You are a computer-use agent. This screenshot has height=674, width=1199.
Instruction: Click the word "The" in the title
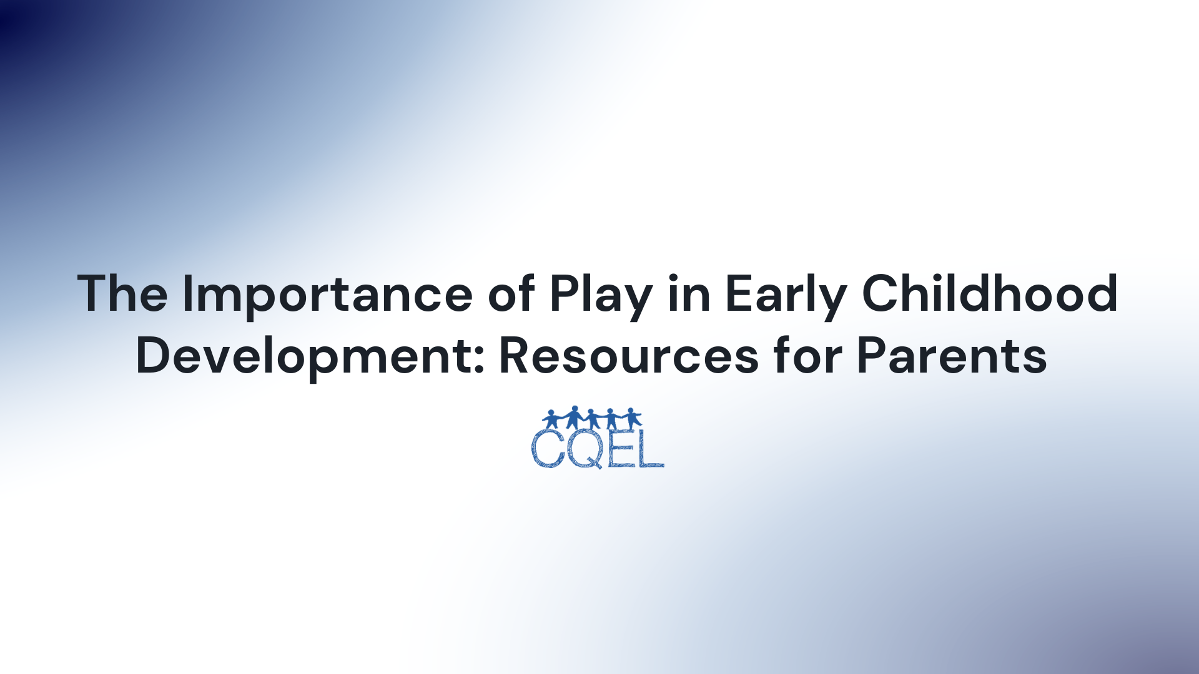tap(122, 293)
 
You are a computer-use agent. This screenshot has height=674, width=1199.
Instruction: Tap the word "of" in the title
tap(511, 293)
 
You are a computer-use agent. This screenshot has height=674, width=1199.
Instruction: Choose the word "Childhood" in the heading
tap(990, 293)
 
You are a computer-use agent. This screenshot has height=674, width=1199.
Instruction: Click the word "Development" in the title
tap(303, 356)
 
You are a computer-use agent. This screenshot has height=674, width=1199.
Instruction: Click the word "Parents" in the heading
tap(952, 356)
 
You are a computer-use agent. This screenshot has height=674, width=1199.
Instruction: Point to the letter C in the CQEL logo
tap(548, 448)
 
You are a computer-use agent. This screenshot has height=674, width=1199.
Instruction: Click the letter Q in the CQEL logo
tap(585, 448)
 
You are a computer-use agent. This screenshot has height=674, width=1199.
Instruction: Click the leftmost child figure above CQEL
tap(551, 419)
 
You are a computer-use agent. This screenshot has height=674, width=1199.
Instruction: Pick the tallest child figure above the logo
tap(573, 417)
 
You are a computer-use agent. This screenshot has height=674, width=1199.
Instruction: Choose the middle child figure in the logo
tap(592, 419)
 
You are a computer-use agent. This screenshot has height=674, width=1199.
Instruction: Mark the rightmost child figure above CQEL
tap(632, 418)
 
